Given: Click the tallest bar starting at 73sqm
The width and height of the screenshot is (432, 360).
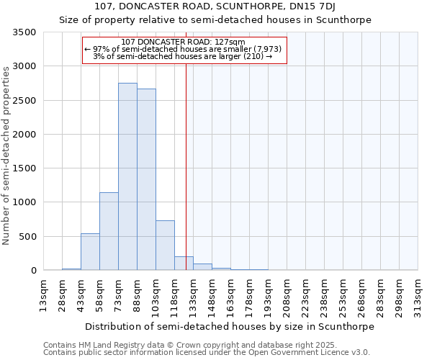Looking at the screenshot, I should [127, 176].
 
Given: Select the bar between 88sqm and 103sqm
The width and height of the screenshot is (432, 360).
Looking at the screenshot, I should [146, 179].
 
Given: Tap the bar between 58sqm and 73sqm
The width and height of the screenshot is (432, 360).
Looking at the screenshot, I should [109, 231].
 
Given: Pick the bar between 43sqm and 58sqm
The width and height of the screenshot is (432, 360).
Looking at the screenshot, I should [90, 252].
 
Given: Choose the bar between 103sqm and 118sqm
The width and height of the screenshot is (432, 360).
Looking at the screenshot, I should [165, 246].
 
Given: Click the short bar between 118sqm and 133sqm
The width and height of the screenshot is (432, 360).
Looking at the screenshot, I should [184, 264].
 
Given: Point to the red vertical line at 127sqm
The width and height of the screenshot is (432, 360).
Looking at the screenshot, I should [186, 166].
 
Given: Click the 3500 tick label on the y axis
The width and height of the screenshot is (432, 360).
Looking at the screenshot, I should [24, 32].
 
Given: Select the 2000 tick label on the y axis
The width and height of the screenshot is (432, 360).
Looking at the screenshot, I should [24, 135].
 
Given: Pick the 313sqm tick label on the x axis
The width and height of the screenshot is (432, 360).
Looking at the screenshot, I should [418, 295].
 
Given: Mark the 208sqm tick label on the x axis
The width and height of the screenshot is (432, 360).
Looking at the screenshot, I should [287, 295].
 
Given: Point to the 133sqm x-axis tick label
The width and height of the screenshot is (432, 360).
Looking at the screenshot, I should [193, 295].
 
